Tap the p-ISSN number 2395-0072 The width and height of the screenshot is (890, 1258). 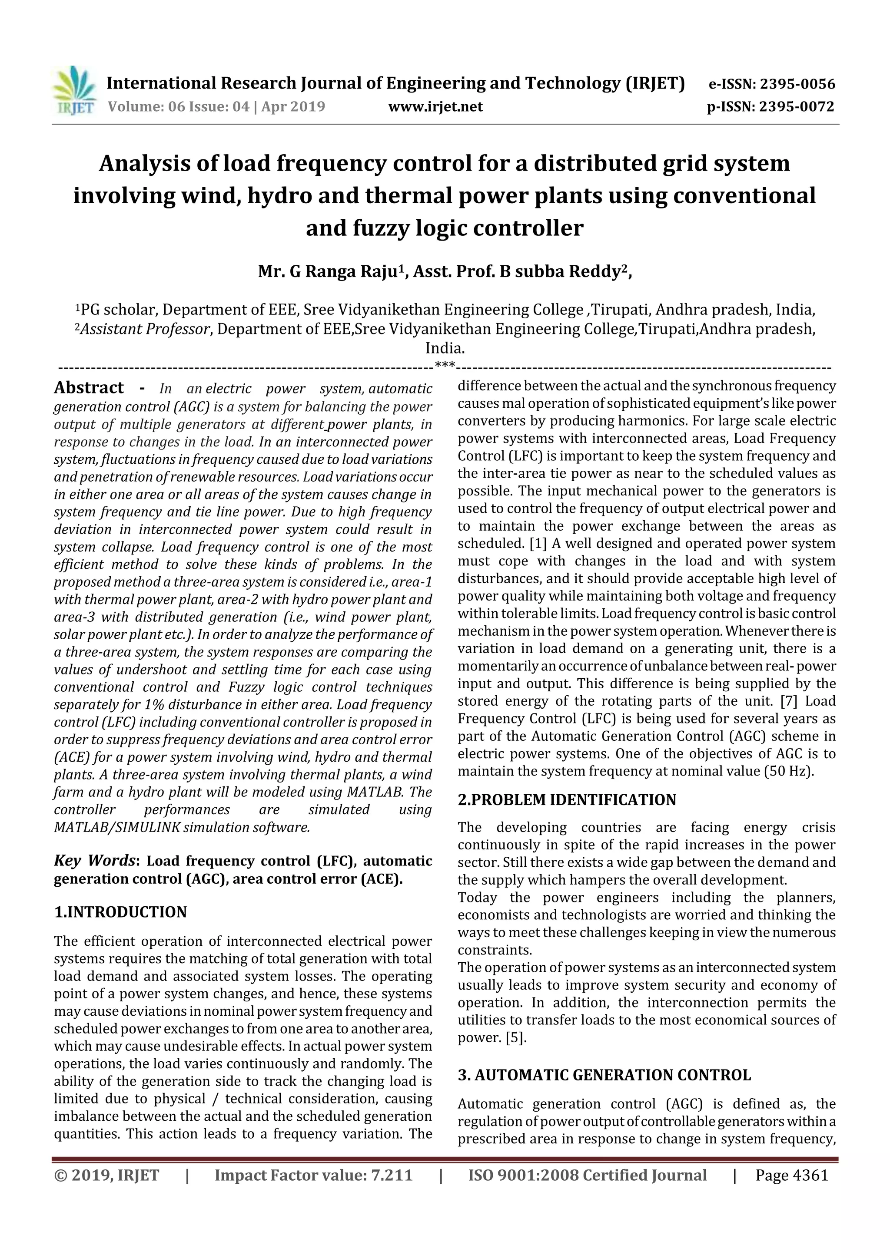click(796, 107)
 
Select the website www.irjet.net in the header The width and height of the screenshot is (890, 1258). click(435, 107)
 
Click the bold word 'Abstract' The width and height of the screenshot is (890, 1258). click(89, 388)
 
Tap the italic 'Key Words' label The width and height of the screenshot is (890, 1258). click(94, 861)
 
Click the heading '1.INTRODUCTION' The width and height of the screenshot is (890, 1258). click(121, 912)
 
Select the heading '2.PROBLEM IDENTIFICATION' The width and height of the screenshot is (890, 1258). click(567, 800)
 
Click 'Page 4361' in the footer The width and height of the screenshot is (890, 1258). click(791, 1175)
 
